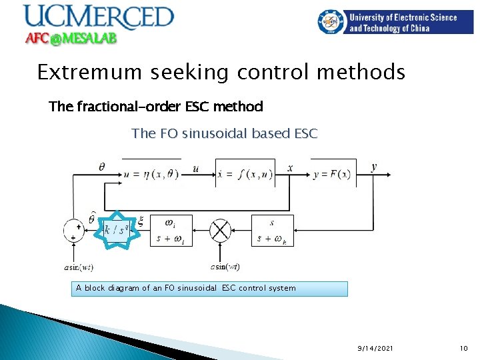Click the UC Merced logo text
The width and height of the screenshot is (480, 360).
tap(98, 17)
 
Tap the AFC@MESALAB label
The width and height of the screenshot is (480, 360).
tap(71, 39)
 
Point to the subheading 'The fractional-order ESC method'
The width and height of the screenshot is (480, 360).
tap(156, 106)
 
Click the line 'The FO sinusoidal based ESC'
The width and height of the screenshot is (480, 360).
tap(225, 133)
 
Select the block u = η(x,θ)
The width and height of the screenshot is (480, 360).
tap(151, 174)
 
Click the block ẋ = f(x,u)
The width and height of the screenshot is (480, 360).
tap(245, 174)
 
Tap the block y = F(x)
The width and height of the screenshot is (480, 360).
tap(332, 174)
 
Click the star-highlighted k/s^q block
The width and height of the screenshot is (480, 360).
tap(118, 229)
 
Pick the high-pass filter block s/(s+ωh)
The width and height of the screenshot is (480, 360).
tap(270, 230)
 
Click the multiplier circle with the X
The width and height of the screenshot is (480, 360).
tap(219, 231)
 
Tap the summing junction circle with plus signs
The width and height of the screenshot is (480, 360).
tap(74, 231)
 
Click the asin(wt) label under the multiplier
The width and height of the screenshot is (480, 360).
tap(225, 267)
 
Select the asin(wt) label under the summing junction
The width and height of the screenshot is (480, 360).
tap(79, 267)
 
